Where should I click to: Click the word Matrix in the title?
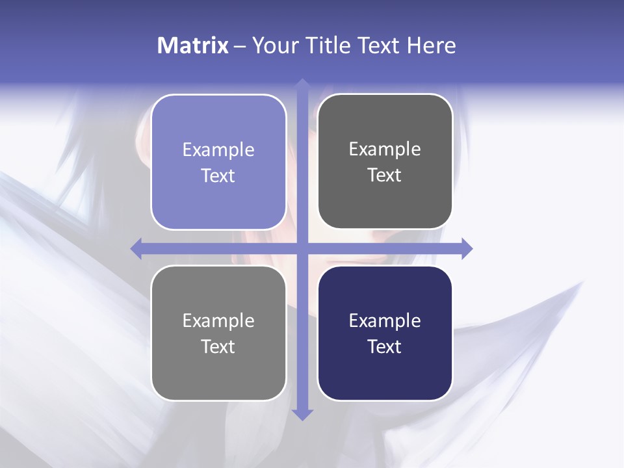pyautogui.click(x=193, y=45)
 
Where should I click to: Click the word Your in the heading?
pyautogui.click(x=273, y=45)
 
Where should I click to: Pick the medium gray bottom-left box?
pyautogui.click(x=218, y=374)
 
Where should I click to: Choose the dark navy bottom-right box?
pyautogui.click(x=385, y=374)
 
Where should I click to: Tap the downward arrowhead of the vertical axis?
pyautogui.click(x=302, y=414)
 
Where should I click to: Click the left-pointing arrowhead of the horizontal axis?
pyautogui.click(x=136, y=248)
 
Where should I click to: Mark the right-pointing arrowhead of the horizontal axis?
pyautogui.click(x=467, y=248)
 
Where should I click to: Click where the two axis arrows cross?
pyautogui.click(x=302, y=248)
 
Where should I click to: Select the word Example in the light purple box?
pyautogui.click(x=218, y=150)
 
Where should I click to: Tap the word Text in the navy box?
pyautogui.click(x=385, y=346)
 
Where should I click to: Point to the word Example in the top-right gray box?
pyautogui.click(x=385, y=149)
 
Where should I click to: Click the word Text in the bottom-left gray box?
pyautogui.click(x=218, y=346)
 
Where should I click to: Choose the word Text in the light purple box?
pyautogui.click(x=218, y=175)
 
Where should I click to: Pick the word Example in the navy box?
pyautogui.click(x=385, y=320)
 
